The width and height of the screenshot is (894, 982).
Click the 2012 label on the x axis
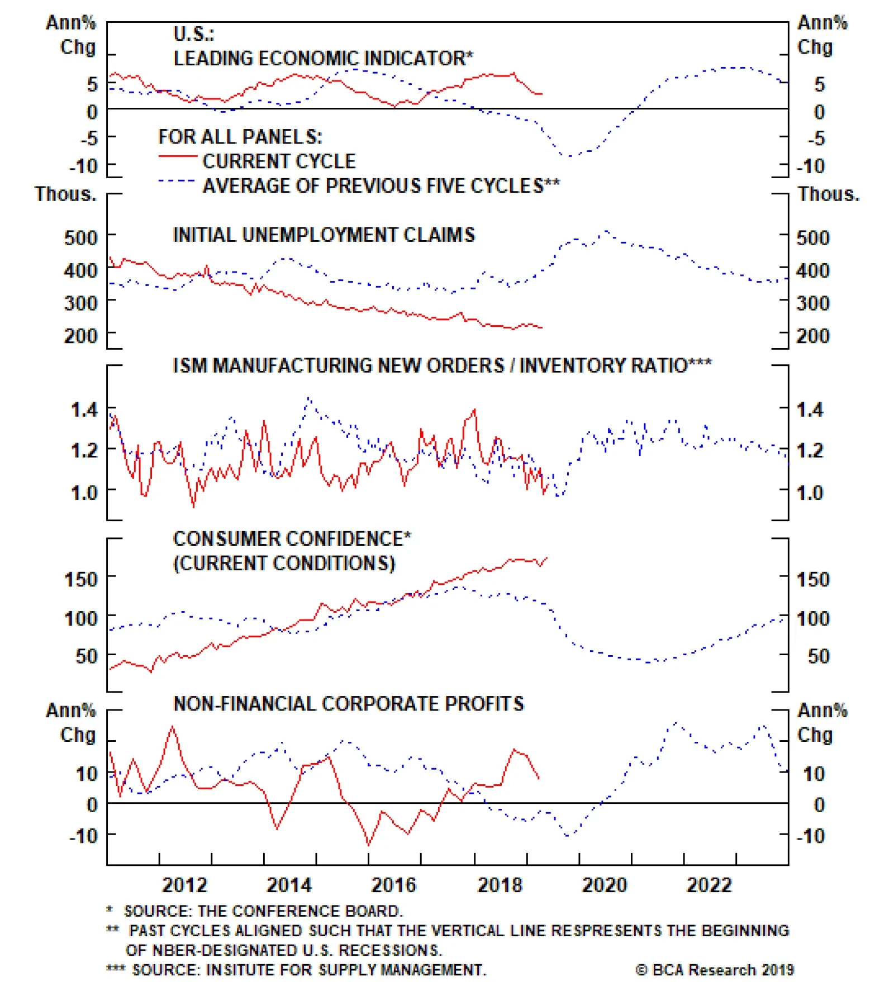click(184, 885)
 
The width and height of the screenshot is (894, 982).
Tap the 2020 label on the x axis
click(605, 885)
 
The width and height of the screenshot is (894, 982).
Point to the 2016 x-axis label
click(394, 885)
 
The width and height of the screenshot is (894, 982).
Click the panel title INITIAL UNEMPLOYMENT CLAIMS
click(324, 235)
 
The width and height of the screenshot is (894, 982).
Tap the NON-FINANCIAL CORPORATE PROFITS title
click(349, 704)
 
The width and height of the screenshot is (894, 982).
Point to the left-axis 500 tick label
click(81, 238)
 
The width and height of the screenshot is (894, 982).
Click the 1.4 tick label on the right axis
click(810, 410)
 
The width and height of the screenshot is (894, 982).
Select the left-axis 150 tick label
click(81, 579)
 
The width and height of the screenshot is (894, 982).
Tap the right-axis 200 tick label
click(813, 336)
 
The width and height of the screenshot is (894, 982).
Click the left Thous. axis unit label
click(65, 194)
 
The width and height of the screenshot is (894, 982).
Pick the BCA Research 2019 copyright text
click(715, 970)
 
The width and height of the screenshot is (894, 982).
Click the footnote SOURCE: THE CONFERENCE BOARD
click(263, 911)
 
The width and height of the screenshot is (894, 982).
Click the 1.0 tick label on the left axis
click(84, 493)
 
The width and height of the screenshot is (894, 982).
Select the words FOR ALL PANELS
click(240, 137)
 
